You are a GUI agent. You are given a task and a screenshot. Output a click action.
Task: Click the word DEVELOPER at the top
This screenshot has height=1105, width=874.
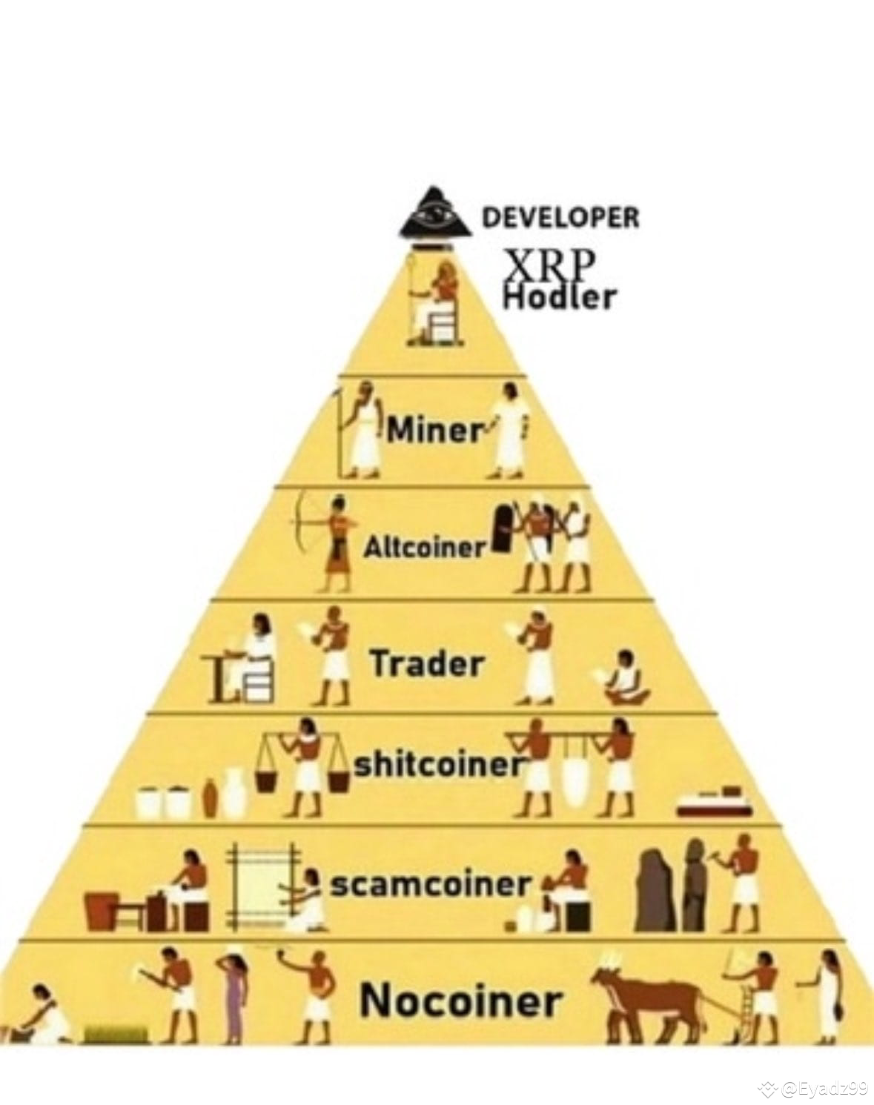(x=560, y=217)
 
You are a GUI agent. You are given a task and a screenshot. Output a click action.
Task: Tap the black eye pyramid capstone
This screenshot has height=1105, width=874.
(x=436, y=216)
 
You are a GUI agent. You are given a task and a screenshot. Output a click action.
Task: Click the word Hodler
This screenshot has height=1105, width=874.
(x=559, y=297)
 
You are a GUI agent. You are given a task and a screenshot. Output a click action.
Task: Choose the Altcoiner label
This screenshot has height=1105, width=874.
(x=424, y=548)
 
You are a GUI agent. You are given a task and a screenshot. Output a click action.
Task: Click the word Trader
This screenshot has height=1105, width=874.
(x=427, y=663)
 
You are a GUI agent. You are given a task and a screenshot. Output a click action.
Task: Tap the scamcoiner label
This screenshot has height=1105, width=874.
(x=431, y=884)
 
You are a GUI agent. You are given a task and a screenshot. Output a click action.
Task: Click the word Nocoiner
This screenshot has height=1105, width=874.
(x=460, y=1001)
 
